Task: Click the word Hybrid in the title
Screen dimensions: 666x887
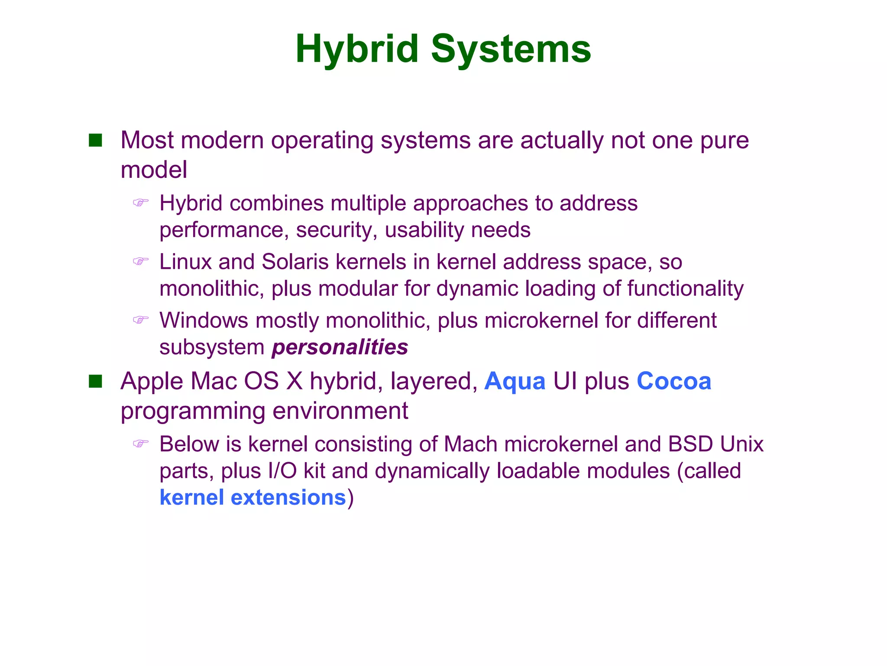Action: [x=356, y=49]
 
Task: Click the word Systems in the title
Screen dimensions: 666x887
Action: [x=511, y=49]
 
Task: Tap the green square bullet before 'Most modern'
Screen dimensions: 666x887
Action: [x=95, y=140]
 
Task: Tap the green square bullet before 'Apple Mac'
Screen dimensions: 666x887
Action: [x=95, y=381]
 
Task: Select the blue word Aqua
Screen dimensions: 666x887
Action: [x=515, y=382]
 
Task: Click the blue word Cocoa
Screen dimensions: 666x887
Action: [x=673, y=382]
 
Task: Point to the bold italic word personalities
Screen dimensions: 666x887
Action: [x=340, y=347]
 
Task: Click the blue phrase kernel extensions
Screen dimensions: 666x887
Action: [x=253, y=497]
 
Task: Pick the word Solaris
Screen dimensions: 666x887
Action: [x=295, y=262]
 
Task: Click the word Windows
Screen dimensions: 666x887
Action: [x=204, y=320]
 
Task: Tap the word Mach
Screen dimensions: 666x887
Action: [x=470, y=444]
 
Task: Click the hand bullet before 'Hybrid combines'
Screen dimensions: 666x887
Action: [x=140, y=202]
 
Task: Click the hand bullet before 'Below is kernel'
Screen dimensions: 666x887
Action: [x=140, y=443]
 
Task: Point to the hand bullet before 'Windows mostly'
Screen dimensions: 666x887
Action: [x=140, y=320]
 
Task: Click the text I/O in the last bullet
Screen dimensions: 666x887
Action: [x=282, y=471]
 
